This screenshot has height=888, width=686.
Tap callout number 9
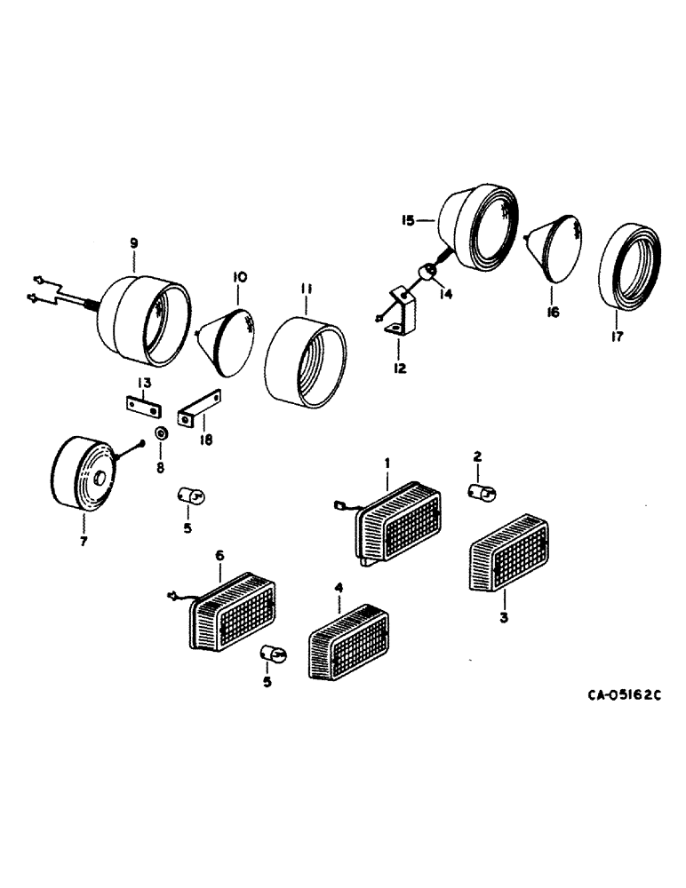(x=133, y=242)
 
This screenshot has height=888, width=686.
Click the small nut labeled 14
(x=426, y=270)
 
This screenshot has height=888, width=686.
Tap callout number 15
(x=408, y=219)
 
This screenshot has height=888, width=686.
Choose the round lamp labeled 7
(x=82, y=471)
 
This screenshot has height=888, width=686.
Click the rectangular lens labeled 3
(x=504, y=551)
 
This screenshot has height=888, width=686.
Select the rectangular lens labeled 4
(x=348, y=643)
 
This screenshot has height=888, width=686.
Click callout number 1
(x=387, y=463)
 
